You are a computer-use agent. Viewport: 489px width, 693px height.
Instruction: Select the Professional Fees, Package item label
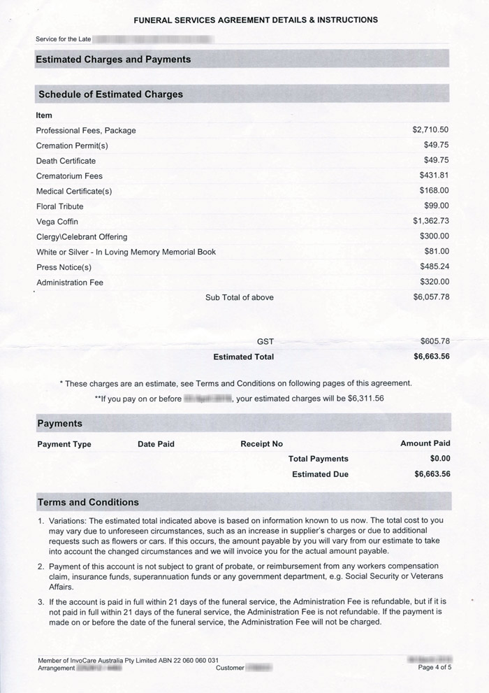pos(86,130)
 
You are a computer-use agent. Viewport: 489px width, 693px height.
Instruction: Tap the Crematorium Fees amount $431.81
pos(434,176)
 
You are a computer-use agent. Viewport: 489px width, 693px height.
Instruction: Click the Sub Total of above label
pos(239,297)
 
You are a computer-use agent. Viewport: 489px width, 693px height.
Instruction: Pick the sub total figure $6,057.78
pos(430,297)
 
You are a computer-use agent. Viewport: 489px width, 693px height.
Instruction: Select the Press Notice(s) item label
pos(64,267)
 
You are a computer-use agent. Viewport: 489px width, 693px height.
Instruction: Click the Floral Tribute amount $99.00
pos(436,206)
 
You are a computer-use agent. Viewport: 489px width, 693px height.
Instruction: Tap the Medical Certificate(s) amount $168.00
pos(434,190)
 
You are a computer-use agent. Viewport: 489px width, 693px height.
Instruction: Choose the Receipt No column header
pos(261,444)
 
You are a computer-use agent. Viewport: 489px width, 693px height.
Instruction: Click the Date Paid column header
pos(156,444)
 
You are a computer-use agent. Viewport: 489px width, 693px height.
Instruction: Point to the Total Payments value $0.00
pos(440,459)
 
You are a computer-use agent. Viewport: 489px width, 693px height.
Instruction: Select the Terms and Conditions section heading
pos(88,502)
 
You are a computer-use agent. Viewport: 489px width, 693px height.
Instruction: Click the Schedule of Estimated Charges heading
pos(110,94)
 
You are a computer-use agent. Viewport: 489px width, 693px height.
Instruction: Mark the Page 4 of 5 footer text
pos(435,668)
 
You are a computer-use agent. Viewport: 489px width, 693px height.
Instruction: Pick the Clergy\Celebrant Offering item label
pos(82,236)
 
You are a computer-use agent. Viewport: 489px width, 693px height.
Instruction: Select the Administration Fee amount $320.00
pos(434,282)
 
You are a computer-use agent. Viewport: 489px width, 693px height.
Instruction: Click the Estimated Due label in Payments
pos(320,474)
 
